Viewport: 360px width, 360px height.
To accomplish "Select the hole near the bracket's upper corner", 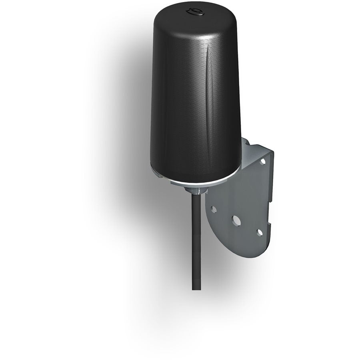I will point(262,162).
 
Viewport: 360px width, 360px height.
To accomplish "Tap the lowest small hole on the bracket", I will point(260,232).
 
